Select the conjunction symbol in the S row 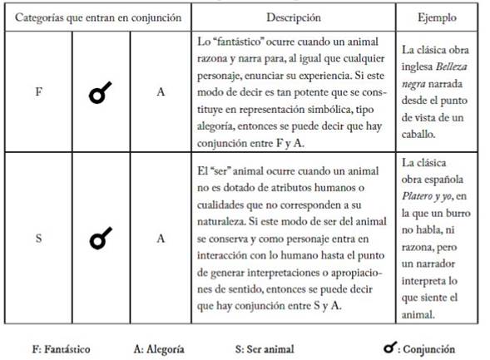point(100,239)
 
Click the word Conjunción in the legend point(429,348)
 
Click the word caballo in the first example point(420,135)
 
